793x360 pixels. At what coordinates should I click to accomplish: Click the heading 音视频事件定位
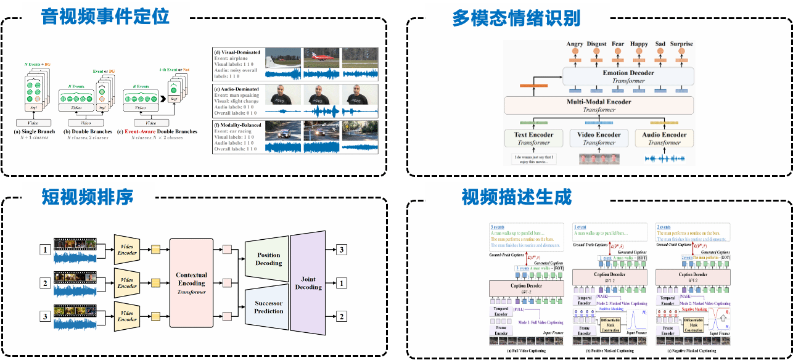tap(105, 17)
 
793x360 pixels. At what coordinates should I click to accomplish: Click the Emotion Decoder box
tap(628, 76)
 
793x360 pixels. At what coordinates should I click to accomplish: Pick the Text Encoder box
tap(533, 138)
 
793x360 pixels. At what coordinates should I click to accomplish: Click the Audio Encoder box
tap(665, 138)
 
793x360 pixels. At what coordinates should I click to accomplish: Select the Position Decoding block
tap(269, 259)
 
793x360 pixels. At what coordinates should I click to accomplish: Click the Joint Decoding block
tap(308, 283)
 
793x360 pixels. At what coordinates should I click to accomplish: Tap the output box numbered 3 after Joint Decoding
tap(341, 250)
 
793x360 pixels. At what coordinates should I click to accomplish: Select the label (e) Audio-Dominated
tap(237, 88)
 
